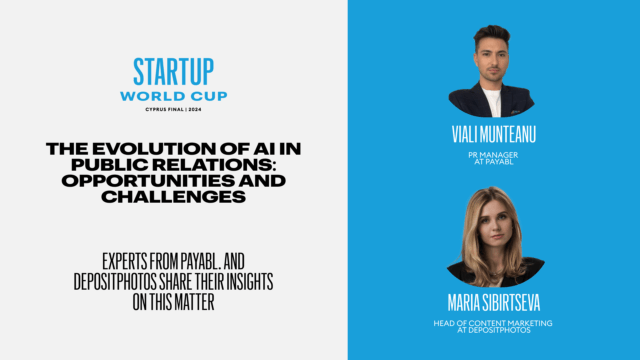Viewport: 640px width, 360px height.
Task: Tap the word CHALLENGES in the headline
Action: [x=173, y=196]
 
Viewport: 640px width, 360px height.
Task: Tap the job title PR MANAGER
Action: [x=495, y=158]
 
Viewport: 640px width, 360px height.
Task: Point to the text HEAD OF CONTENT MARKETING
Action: [x=495, y=322]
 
